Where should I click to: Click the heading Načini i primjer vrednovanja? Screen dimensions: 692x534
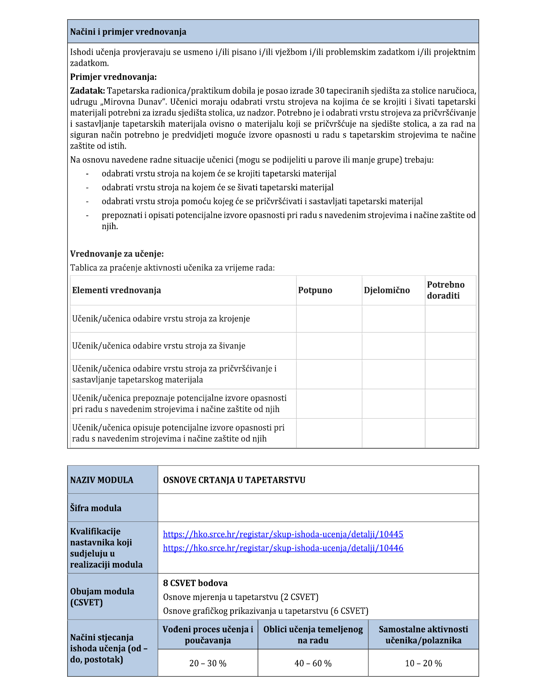pyautogui.click(x=128, y=32)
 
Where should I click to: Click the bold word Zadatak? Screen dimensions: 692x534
pyautogui.click(x=87, y=91)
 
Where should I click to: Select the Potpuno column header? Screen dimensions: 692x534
pyautogui.click(x=315, y=290)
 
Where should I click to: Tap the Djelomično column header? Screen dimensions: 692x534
pyautogui.click(x=386, y=290)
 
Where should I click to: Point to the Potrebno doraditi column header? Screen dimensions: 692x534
pyautogui.click(x=445, y=290)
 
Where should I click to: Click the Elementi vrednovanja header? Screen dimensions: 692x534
pyautogui.click(x=116, y=290)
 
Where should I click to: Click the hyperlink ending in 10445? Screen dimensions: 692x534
pyautogui.click(x=283, y=534)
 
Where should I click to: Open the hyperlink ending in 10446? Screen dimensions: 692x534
pyautogui.click(x=283, y=548)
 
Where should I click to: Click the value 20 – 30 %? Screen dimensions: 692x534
pyautogui.click(x=208, y=663)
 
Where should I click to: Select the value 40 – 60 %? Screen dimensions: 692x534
pyautogui.click(x=313, y=663)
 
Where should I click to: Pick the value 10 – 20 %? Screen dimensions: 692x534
pyautogui.click(x=423, y=663)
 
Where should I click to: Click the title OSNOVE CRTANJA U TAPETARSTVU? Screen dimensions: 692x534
pyautogui.click(x=234, y=480)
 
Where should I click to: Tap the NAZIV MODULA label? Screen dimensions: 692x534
pyautogui.click(x=102, y=480)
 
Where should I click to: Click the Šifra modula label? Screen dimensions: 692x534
pyautogui.click(x=96, y=508)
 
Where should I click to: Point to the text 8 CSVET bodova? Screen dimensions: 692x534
pyautogui.click(x=195, y=583)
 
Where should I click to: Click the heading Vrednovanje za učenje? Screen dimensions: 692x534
pyautogui.click(x=117, y=254)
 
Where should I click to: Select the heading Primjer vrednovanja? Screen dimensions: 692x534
pyautogui.click(x=113, y=77)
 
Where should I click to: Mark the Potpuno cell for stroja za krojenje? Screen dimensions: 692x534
pyautogui.click(x=329, y=319)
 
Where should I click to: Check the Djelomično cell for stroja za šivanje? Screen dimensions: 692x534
pyautogui.click(x=393, y=346)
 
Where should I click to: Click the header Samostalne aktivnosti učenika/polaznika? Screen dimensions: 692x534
pyautogui.click(x=423, y=635)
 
